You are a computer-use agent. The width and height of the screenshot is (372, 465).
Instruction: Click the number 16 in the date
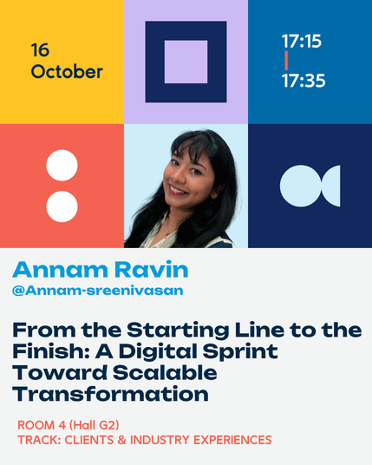click(40, 49)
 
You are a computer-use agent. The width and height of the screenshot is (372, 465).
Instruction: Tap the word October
click(67, 72)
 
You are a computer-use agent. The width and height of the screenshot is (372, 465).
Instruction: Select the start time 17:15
click(302, 41)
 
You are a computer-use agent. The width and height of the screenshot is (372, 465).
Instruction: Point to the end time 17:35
click(303, 81)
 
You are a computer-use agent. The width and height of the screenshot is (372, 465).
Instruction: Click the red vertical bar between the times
click(286, 61)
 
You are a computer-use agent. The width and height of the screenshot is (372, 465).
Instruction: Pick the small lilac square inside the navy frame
click(186, 62)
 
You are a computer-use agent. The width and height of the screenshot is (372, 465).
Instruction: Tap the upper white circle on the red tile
click(62, 165)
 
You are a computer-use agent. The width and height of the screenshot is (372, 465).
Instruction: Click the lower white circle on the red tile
click(62, 206)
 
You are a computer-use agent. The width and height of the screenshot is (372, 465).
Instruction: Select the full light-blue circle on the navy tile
click(301, 186)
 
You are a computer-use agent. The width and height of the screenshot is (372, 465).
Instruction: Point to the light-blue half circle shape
click(332, 186)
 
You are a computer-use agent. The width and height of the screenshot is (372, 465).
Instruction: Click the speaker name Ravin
click(152, 270)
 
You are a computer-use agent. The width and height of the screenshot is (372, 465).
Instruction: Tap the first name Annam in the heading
click(60, 270)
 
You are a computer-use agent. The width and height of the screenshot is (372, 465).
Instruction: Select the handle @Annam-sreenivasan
click(98, 291)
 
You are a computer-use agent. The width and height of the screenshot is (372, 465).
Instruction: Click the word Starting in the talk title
click(178, 331)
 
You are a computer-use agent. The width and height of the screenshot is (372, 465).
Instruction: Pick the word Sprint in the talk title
click(240, 351)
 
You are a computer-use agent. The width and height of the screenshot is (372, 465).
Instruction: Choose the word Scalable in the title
click(165, 373)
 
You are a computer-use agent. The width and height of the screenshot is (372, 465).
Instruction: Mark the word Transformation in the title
click(111, 394)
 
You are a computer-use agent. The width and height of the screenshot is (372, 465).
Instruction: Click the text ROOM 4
click(42, 425)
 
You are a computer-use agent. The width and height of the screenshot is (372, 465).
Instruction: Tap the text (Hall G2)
click(94, 425)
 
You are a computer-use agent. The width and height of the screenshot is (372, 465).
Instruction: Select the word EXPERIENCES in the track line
click(232, 440)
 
